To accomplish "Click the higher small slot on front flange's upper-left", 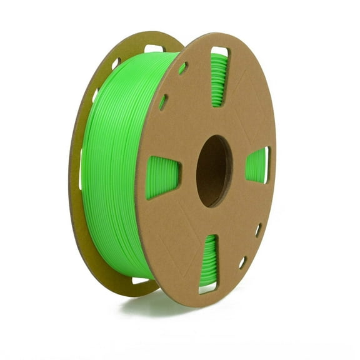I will click(x=182, y=67).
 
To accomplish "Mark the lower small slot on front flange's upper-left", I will click(x=163, y=102).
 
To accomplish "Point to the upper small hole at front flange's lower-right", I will click(x=258, y=230).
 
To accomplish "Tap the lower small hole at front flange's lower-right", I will click(x=242, y=262).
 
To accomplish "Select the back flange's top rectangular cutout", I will click(x=153, y=48).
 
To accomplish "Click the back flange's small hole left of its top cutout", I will click(x=116, y=62).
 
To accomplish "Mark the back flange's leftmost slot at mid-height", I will click(x=81, y=169).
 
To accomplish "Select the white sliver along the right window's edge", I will click(x=268, y=165).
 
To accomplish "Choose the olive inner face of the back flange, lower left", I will click(x=94, y=250).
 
